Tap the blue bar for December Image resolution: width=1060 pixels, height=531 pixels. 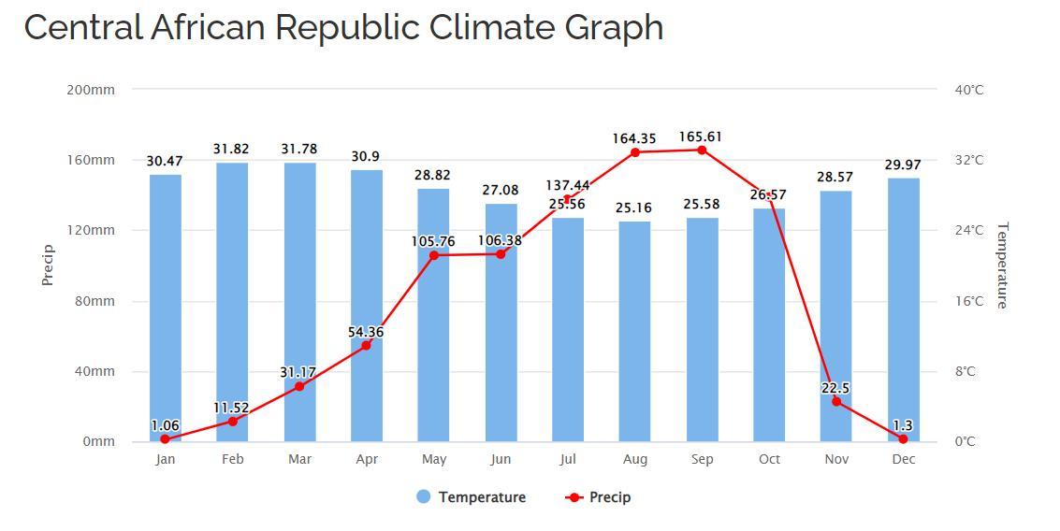pyautogui.click(x=903, y=309)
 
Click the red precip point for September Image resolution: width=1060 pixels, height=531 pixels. pyautogui.click(x=702, y=150)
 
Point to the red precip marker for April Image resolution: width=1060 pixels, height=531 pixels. pyautogui.click(x=366, y=346)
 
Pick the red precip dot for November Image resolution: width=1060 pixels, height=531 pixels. pyautogui.click(x=836, y=402)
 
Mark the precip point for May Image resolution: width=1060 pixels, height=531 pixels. pyautogui.click(x=434, y=255)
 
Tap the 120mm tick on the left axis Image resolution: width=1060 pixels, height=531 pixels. pyautogui.click(x=91, y=230)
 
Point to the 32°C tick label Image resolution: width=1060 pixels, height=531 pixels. pyautogui.click(x=969, y=160)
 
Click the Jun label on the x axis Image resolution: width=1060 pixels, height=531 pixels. pyautogui.click(x=501, y=459)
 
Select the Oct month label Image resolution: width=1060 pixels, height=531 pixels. pyautogui.click(x=769, y=459)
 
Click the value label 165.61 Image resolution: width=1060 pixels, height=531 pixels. pyautogui.click(x=701, y=136)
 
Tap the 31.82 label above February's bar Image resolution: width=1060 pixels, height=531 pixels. pyautogui.click(x=231, y=149)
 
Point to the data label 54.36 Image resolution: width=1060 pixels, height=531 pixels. pyautogui.click(x=365, y=332)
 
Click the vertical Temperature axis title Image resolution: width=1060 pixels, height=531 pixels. pyautogui.click(x=1002, y=265)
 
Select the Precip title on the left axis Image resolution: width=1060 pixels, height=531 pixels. pyautogui.click(x=49, y=265)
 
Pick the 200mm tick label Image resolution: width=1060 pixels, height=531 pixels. pyautogui.click(x=91, y=90)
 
